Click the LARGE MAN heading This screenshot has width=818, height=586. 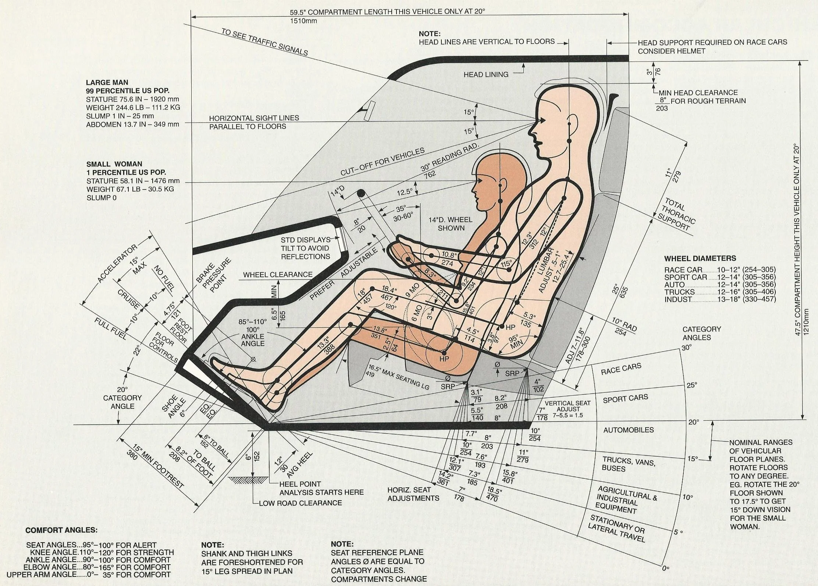pyautogui.click(x=107, y=82)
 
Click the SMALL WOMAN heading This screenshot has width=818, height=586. pyautogui.click(x=114, y=164)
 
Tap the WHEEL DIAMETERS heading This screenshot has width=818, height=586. pyautogui.click(x=700, y=258)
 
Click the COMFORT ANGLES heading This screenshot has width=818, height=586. pyautogui.click(x=61, y=530)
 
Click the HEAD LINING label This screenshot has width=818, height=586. pyautogui.click(x=486, y=75)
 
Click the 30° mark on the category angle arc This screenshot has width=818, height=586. pyautogui.click(x=686, y=347)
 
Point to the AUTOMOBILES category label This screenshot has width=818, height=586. pyautogui.click(x=628, y=430)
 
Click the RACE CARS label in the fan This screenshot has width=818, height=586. pyautogui.click(x=621, y=369)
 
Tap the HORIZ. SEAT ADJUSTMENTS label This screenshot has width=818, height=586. pyautogui.click(x=413, y=494)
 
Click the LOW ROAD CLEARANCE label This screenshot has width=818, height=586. pyautogui.click(x=300, y=503)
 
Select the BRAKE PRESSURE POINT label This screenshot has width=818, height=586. pyautogui.click(x=214, y=275)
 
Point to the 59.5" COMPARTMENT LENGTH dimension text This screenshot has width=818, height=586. pyautogui.click(x=387, y=11)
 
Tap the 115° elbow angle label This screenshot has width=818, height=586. pyautogui.click(x=506, y=264)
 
